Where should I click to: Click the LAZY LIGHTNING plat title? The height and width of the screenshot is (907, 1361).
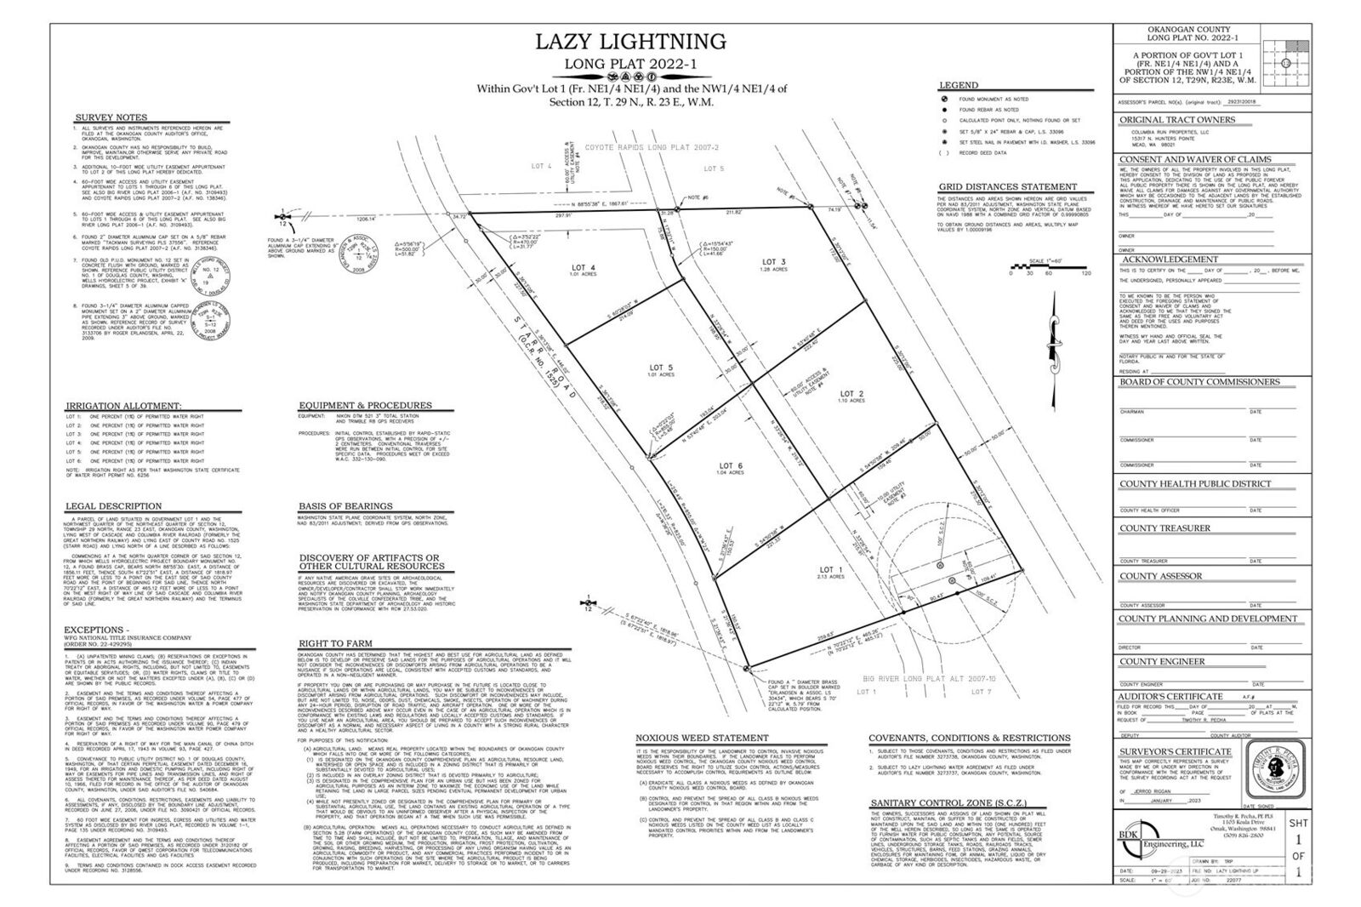coord(629,42)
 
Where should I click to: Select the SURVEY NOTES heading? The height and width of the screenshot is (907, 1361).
coord(111,117)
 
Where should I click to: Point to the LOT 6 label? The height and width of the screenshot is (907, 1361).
coord(731,468)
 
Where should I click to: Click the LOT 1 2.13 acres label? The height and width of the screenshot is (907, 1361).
coord(830,572)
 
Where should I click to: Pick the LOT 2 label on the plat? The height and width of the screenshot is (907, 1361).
coord(851,396)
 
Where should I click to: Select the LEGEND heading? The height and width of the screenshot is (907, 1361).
coord(958,86)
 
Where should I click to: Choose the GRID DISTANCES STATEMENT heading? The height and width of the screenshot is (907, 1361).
coord(995,187)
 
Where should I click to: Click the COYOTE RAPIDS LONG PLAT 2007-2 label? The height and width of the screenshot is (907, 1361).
coord(641,147)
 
